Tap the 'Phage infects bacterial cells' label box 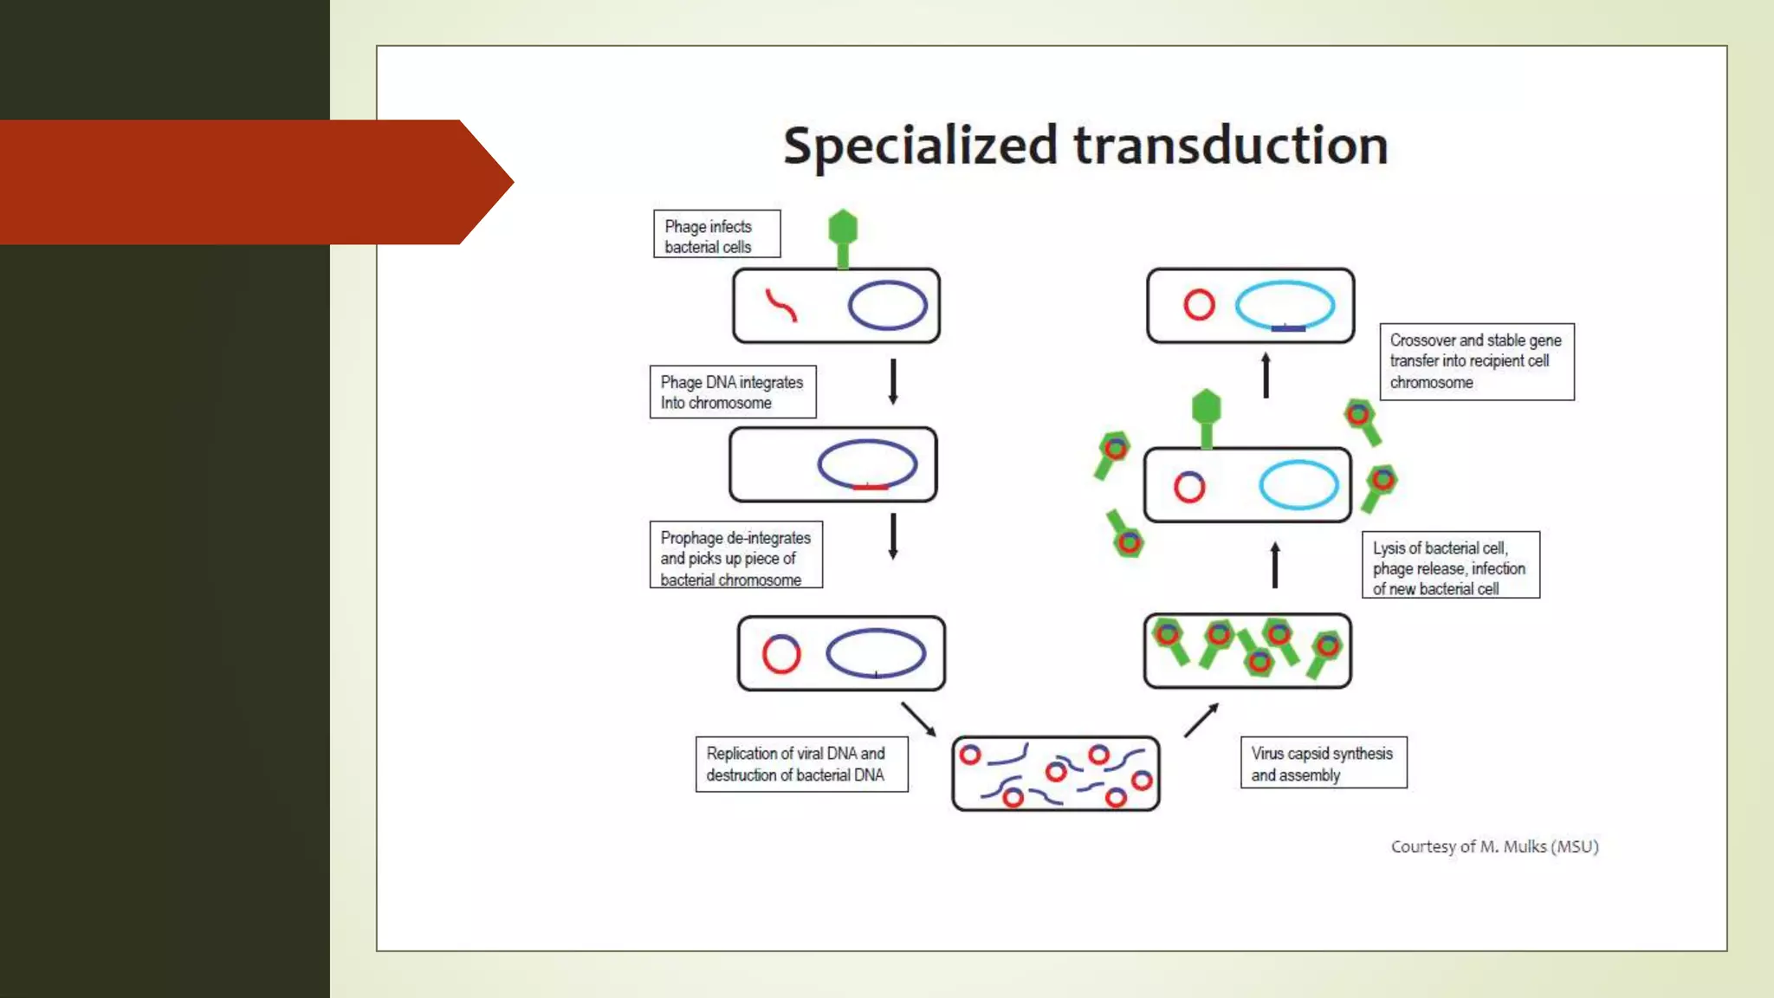click(716, 235)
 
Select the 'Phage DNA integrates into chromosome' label click(732, 392)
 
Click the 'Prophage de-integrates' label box click(735, 556)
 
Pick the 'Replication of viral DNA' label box click(800, 764)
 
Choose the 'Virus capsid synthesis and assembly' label click(1323, 763)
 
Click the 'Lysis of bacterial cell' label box click(1450, 566)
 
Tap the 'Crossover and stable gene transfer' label click(1476, 361)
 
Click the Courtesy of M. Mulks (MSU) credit click(1494, 846)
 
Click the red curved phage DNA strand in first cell click(780, 305)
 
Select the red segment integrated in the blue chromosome click(870, 488)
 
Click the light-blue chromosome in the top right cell click(1285, 287)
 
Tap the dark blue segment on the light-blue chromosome click(1288, 328)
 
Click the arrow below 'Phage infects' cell click(892, 381)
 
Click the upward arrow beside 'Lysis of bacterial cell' click(1274, 565)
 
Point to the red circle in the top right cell click(1199, 305)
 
